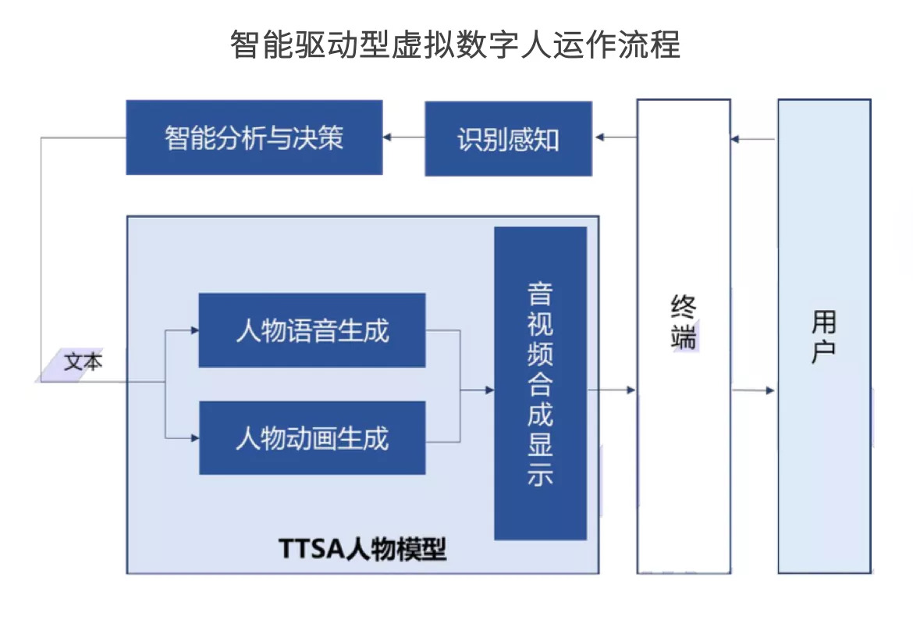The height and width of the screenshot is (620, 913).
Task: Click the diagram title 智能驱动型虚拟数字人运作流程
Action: (x=455, y=45)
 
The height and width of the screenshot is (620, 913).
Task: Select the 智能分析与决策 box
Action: (x=254, y=137)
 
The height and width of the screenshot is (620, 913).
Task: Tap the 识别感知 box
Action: (x=508, y=139)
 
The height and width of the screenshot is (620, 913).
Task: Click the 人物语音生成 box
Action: (x=312, y=330)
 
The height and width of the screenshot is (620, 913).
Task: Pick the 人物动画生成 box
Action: (x=312, y=438)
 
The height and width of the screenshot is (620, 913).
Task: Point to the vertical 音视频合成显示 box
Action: (x=540, y=383)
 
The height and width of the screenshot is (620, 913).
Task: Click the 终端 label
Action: (x=684, y=322)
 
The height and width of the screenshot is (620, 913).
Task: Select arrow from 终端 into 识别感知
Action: (x=615, y=138)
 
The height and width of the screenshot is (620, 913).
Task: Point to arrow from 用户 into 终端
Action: (x=753, y=140)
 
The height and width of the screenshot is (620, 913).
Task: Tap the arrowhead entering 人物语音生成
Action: (x=194, y=330)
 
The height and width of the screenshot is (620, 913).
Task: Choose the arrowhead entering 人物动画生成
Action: (x=194, y=438)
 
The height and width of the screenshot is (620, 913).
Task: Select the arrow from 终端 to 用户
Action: (x=754, y=390)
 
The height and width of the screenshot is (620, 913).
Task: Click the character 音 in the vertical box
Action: (x=540, y=294)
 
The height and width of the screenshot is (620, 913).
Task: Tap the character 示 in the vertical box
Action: (x=540, y=475)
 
